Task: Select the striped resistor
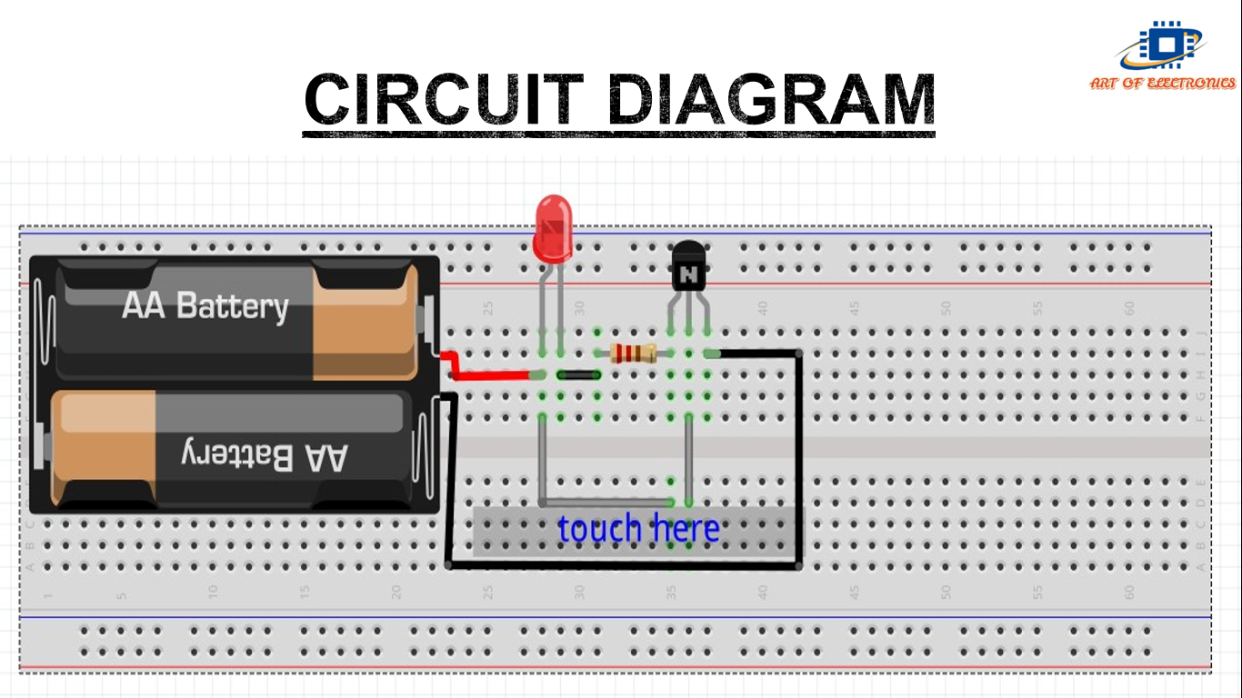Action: pyautogui.click(x=634, y=354)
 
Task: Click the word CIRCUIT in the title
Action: pyautogui.click(x=443, y=99)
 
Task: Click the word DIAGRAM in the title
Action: pyautogui.click(x=771, y=99)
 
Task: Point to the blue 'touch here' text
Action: pyautogui.click(x=638, y=529)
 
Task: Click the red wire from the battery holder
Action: pyautogui.click(x=491, y=374)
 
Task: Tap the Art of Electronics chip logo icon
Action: pyautogui.click(x=1163, y=45)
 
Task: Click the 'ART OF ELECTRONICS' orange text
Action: pyautogui.click(x=1163, y=83)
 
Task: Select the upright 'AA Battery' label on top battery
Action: pyautogui.click(x=205, y=305)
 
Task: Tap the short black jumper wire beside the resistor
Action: pyautogui.click(x=578, y=374)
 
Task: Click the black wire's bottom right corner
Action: pyautogui.click(x=798, y=565)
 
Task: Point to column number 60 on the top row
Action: pyautogui.click(x=1129, y=308)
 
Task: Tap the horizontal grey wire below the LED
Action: pyautogui.click(x=605, y=502)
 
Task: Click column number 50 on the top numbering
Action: pyautogui.click(x=946, y=308)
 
